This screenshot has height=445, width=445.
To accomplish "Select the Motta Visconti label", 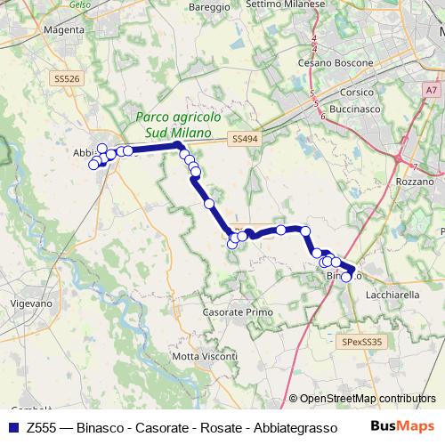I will pos(206,356).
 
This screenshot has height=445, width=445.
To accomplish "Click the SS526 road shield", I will pos(67,79).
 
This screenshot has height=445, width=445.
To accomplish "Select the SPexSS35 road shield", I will pos(361,341).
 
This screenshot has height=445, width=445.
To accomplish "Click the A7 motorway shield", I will pos(431,90).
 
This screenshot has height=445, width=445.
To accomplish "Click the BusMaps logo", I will pos(402,426).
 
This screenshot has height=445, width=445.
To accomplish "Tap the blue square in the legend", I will pos(12,426).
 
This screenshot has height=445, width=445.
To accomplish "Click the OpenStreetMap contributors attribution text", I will pos(368,399).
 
